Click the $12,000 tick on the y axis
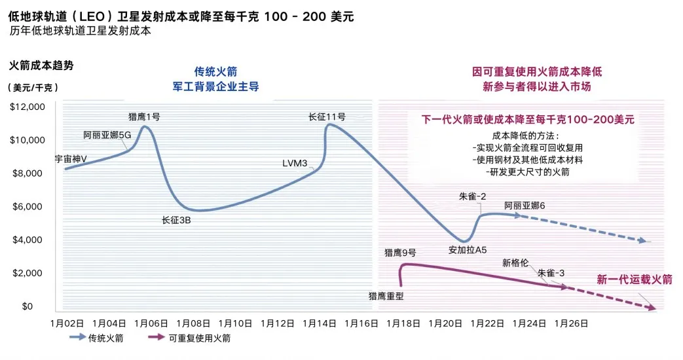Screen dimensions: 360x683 tap(28, 107)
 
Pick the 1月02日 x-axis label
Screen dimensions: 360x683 tap(67, 323)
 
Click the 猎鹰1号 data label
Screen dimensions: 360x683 tap(144, 117)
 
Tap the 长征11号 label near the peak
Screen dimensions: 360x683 tap(326, 117)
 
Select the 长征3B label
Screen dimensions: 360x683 tap(176, 220)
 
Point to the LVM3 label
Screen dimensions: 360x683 tap(295, 163)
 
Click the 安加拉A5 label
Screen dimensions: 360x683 tap(468, 250)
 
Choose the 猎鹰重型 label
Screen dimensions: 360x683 tap(386, 296)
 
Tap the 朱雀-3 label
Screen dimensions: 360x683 tap(551, 272)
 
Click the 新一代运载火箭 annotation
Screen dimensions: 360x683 tap(635, 279)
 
